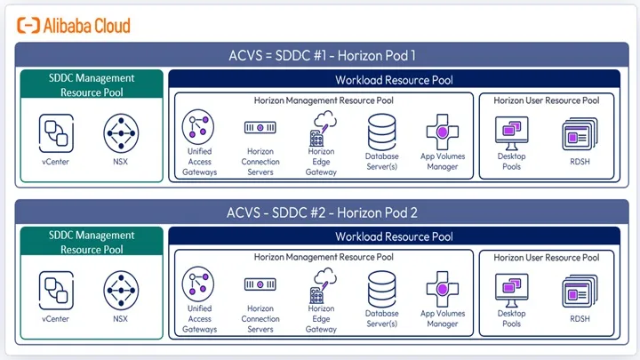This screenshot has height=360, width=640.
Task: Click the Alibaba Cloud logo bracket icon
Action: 28,25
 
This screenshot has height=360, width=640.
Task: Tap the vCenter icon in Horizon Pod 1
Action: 56,133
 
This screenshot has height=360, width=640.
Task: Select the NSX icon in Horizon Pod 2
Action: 121,291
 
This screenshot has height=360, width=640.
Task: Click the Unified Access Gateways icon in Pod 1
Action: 198,126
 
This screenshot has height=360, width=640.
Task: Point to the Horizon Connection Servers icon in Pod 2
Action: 260,284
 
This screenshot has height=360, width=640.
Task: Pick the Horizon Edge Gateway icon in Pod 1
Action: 323,129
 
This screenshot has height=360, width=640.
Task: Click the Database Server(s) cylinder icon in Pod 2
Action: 381,289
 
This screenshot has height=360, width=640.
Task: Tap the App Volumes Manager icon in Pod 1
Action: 443,132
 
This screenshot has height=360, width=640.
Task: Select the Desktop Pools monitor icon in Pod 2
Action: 511,290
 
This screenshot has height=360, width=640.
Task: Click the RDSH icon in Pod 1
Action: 580,133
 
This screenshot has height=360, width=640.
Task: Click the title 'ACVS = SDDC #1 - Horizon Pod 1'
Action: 322,55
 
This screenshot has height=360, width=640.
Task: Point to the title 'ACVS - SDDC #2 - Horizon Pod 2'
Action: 322,212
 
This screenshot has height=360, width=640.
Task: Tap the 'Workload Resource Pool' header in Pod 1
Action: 394,80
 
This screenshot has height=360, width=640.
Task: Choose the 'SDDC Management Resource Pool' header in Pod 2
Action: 92,242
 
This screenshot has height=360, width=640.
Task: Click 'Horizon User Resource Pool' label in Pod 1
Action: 547,100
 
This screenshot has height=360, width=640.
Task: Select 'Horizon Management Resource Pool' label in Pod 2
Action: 324,257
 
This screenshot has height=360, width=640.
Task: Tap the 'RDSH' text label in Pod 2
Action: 580,319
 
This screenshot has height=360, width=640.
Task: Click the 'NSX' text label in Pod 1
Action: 120,162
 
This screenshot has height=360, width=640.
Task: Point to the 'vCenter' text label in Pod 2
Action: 55,319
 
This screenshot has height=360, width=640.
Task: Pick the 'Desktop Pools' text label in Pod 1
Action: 511,161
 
